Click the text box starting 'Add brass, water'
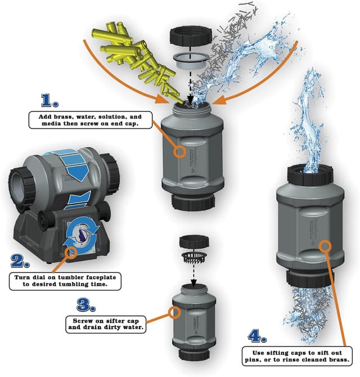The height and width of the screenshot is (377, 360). pos(89,120)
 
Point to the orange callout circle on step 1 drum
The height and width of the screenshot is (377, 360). pos(180,151)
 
